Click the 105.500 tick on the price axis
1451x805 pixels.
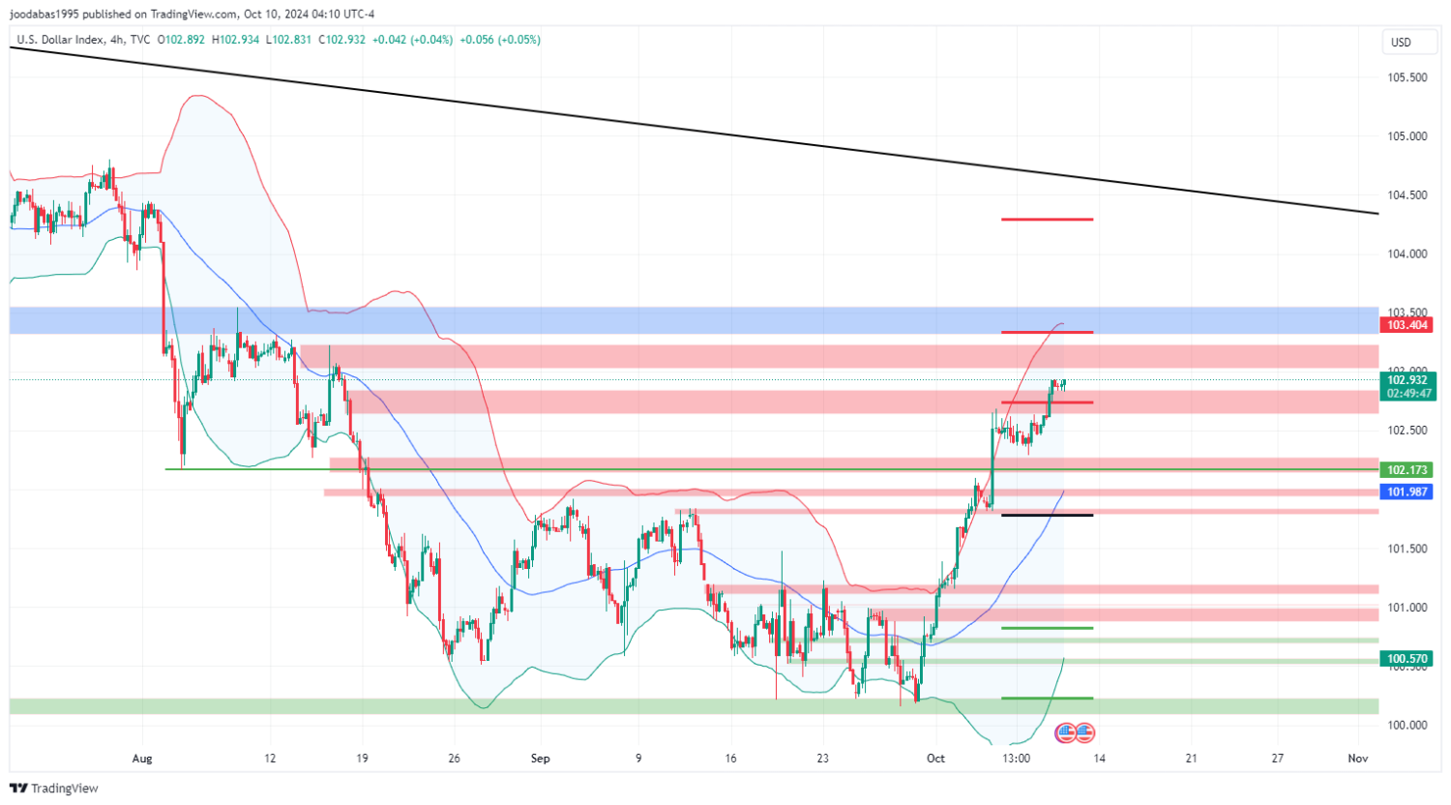click(x=1407, y=77)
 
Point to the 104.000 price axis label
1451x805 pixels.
click(x=1407, y=254)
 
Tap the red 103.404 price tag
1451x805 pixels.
click(x=1407, y=325)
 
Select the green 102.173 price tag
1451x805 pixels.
click(x=1407, y=470)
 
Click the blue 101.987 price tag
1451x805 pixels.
click(x=1407, y=492)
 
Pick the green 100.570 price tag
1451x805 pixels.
click(x=1407, y=659)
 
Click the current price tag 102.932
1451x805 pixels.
click(x=1407, y=380)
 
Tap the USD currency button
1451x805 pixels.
click(x=1401, y=43)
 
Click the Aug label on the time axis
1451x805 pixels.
click(x=142, y=759)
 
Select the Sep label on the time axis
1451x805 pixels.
click(x=541, y=759)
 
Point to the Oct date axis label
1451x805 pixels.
click(x=935, y=759)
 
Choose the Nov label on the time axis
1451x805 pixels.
click(x=1358, y=759)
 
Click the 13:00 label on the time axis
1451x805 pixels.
click(x=1016, y=759)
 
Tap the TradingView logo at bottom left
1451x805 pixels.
click(x=54, y=789)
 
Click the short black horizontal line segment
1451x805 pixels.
click(x=1047, y=515)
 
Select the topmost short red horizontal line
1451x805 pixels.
click(x=1047, y=220)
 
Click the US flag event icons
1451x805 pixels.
click(x=1075, y=732)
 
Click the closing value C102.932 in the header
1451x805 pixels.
click(x=343, y=40)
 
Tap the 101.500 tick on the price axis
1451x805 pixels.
click(x=1407, y=549)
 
